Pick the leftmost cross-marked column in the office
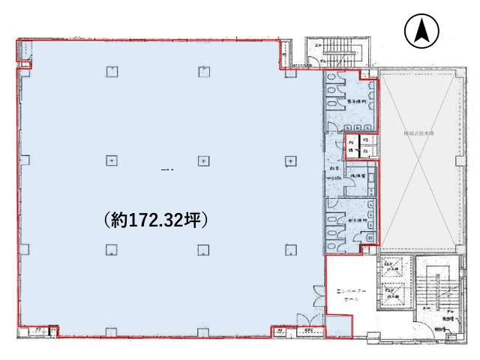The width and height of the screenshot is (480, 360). (x=111, y=160)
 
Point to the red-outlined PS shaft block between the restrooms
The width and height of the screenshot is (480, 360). (x=361, y=146)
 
